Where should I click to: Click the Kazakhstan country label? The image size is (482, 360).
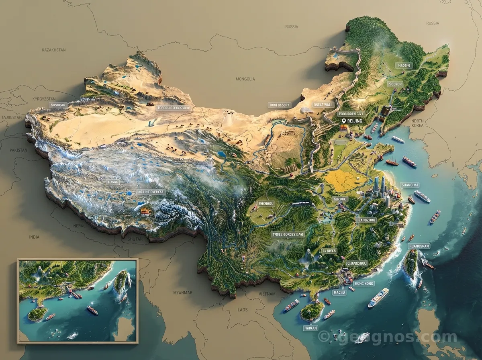point(53,50)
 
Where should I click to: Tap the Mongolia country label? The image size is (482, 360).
point(245,79)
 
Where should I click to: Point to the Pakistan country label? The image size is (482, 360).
point(18,150)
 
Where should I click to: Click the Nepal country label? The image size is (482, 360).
point(79,226)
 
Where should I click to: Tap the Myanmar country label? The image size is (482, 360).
point(183,292)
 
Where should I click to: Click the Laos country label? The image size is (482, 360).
point(243,310)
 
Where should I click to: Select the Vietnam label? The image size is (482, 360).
point(267,294)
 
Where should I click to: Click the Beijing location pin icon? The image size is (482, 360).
point(343,121)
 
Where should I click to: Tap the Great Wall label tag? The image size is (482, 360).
point(323,104)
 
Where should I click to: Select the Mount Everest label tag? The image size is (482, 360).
point(151,192)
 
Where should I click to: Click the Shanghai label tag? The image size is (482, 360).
point(410,185)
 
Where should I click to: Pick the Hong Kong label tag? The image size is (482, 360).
point(364,284)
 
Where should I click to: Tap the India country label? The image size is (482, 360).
point(34,237)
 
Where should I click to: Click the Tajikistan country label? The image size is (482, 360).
point(11,117)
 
